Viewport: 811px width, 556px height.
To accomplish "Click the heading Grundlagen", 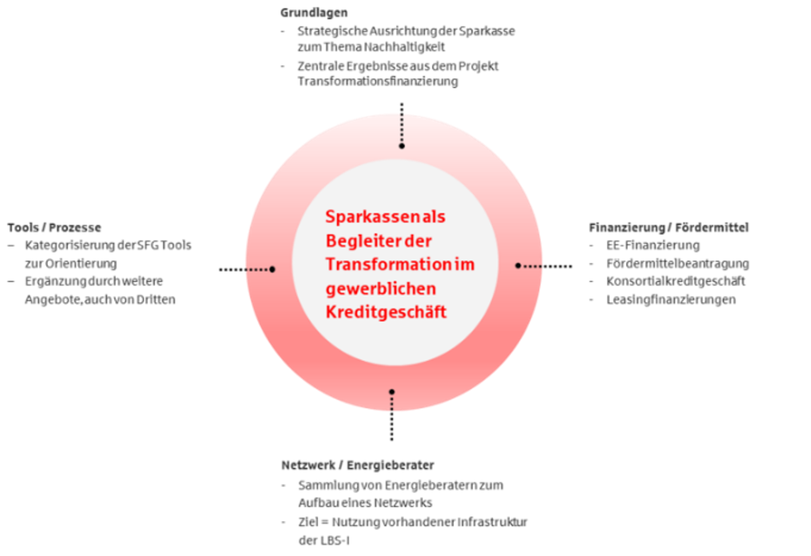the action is pos(314,13).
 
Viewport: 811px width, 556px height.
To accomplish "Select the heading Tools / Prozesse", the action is pos(54,227).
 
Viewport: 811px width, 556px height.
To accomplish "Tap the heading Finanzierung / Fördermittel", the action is pos(669,227).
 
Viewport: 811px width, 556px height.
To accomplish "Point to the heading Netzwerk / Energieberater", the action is pos(358,465).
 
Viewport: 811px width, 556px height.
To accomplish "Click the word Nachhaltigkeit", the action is pos(404,47).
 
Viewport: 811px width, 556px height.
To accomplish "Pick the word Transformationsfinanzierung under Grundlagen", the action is pos(378,81).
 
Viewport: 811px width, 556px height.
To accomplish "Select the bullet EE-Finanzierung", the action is pos(653,245).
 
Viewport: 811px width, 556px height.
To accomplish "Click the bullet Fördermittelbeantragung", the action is pos(678,264).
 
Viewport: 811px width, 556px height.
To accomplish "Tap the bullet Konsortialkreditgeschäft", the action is pos(676,281).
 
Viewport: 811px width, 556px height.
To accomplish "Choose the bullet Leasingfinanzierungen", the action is pos(671,300).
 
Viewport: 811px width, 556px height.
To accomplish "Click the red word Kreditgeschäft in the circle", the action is pos(386,312).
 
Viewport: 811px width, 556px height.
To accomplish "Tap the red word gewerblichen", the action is pos(381,289).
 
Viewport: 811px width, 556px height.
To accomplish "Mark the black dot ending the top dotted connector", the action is pos(401,146).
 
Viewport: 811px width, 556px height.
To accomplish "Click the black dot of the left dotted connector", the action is pos(272,269).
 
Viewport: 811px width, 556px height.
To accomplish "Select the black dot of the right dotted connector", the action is pos(518,265).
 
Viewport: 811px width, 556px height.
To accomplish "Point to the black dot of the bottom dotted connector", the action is pos(392,392).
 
